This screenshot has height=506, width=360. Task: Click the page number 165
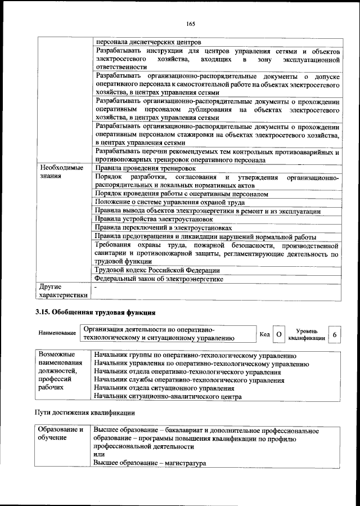click(x=190, y=23)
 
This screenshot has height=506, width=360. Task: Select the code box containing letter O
click(x=278, y=334)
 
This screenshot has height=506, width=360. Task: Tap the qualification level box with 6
click(x=335, y=334)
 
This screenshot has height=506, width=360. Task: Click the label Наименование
click(x=57, y=334)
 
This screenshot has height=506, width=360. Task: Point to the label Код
click(x=264, y=335)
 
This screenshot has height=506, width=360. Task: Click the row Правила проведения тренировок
click(x=145, y=168)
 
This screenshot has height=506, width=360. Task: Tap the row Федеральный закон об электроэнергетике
click(x=159, y=279)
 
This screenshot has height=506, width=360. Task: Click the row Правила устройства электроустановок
click(x=154, y=219)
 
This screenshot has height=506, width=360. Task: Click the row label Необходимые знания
click(x=61, y=172)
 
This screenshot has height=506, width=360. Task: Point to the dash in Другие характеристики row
click(x=96, y=288)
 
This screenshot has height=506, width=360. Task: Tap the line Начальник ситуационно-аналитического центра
click(x=168, y=397)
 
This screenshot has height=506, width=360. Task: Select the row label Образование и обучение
click(x=61, y=434)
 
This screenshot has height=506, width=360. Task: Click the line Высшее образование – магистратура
click(x=150, y=463)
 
